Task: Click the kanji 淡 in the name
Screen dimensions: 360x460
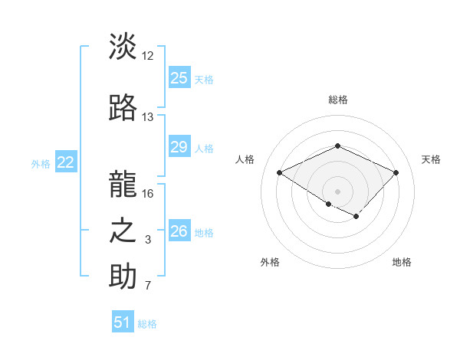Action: coord(123,47)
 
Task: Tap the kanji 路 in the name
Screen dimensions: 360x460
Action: coord(123,108)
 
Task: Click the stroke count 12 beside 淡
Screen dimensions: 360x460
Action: coord(148,56)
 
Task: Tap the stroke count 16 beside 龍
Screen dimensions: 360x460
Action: coord(148,193)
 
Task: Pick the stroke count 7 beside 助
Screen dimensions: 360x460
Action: coord(148,286)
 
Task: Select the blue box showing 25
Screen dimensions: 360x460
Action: coord(179,78)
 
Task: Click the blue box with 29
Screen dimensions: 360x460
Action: coord(179,148)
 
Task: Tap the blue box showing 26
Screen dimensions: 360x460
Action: coord(179,231)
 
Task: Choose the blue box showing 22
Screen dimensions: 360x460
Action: coord(66,162)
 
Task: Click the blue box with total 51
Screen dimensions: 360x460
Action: coord(123,322)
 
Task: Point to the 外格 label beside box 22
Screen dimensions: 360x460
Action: coord(41,163)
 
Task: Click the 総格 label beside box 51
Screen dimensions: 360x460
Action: coord(147,324)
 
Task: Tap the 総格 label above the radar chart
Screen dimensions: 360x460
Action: coord(337,100)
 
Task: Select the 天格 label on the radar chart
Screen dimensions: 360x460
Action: coord(431,159)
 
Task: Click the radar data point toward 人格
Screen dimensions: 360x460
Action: coord(280,173)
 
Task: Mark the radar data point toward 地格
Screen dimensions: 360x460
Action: coord(356,218)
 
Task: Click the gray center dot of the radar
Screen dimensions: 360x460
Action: coord(337,191)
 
